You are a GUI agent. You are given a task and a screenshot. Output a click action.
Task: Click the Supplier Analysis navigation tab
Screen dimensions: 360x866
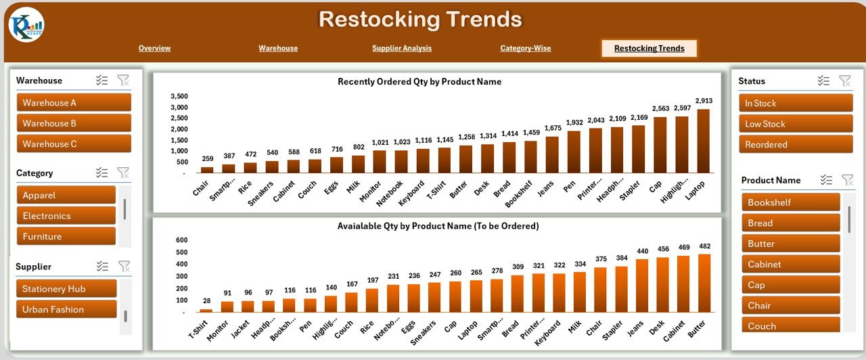coord(402,48)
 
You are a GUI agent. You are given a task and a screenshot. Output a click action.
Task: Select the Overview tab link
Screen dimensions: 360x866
coord(154,48)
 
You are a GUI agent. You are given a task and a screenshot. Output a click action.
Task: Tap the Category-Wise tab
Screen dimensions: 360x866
coord(525,48)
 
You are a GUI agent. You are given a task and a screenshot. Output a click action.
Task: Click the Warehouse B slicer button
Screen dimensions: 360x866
coord(74,123)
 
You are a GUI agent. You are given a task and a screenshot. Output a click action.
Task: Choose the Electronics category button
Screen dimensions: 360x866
coord(66,216)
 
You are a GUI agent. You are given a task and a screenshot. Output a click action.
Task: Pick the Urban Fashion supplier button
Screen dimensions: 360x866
coord(66,309)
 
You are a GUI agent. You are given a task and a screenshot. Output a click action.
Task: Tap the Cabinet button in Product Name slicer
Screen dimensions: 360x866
coord(790,265)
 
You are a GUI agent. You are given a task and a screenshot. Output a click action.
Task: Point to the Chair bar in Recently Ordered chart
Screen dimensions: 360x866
coord(207,170)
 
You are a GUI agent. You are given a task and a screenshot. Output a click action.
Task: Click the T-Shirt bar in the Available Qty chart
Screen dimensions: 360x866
coord(206,311)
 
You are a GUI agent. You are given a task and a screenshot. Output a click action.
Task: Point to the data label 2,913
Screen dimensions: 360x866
coord(704,101)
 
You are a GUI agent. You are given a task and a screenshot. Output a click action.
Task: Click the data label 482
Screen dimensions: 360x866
coord(704,246)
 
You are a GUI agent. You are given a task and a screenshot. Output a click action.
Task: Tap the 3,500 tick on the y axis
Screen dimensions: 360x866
coord(179,96)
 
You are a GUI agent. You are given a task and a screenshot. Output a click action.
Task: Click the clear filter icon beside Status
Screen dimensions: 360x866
coord(845,81)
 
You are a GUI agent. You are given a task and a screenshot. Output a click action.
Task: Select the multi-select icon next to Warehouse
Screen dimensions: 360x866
coord(102,81)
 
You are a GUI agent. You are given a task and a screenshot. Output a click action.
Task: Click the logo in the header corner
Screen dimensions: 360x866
coord(26,24)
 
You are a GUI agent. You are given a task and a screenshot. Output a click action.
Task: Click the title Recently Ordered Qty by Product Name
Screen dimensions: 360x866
coord(419,82)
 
